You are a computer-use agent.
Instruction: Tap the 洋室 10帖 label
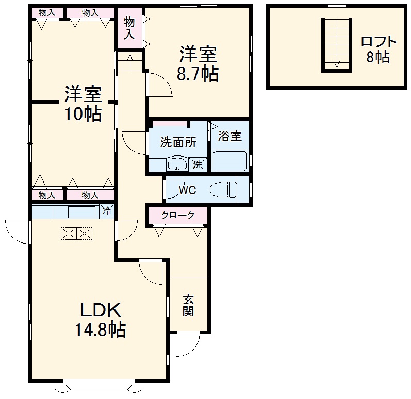coord(83,105)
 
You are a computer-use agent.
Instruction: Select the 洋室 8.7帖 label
coord(198,64)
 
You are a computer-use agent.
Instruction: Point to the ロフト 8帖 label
coord(379,49)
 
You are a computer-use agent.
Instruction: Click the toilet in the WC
coord(225,189)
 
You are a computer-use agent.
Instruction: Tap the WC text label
coord(187,190)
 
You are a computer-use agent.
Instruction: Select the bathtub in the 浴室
coord(230,161)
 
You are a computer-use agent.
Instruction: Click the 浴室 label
coord(229,136)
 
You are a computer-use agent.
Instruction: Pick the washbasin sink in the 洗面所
coord(177,164)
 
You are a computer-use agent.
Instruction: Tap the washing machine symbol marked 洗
coord(199,165)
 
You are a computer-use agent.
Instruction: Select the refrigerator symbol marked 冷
coord(107,211)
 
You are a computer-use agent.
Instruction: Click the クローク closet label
coord(178,215)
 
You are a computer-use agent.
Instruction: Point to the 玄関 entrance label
coord(188,305)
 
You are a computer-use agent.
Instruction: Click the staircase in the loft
coord(337,44)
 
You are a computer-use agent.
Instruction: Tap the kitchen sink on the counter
coord(81,212)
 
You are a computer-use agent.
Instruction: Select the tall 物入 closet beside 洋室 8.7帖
coord(129,28)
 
